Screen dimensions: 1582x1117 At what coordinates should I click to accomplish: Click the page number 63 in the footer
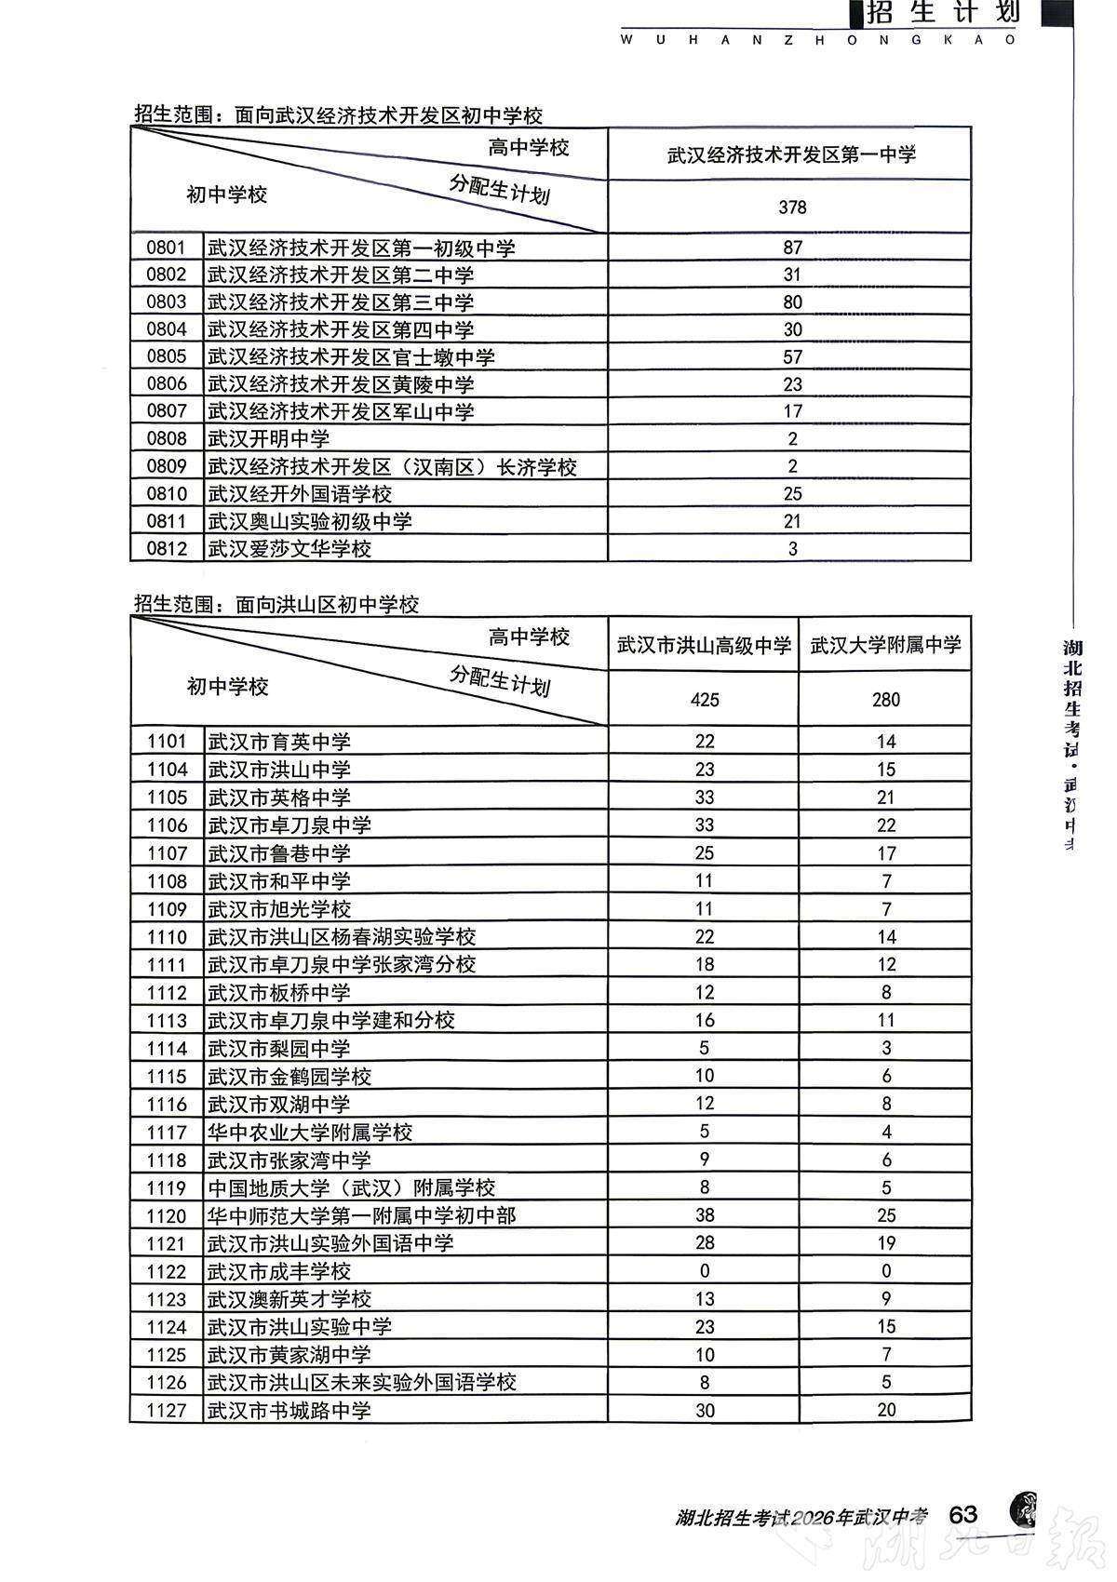962,1513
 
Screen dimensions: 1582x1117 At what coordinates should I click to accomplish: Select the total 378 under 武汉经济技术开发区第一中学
792,208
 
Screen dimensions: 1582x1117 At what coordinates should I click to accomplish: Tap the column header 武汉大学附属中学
885,644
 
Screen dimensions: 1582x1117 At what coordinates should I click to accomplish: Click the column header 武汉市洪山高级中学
704,644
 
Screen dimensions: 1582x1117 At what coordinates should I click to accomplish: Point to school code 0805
167,356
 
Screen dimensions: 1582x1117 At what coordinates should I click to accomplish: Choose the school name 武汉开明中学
268,438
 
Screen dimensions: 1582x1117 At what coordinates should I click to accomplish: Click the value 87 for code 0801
792,248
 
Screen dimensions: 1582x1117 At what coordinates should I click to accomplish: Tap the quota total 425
704,699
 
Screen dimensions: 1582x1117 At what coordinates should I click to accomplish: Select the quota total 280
885,699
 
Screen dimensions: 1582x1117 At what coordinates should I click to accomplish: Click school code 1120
167,1215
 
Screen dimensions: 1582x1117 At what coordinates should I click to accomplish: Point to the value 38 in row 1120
704,1215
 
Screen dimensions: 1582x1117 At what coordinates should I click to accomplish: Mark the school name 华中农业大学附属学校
309,1132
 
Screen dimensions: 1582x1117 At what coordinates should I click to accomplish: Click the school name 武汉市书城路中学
289,1410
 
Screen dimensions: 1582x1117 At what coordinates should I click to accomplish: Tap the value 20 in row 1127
885,1410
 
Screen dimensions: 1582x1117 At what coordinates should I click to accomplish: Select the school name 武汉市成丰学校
278,1271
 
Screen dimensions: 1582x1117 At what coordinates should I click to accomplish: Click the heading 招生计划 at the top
942,13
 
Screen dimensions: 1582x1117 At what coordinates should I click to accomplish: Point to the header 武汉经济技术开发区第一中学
791,154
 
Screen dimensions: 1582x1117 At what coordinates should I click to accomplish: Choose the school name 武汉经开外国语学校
299,493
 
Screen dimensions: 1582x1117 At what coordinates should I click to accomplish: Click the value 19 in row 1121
885,1243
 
